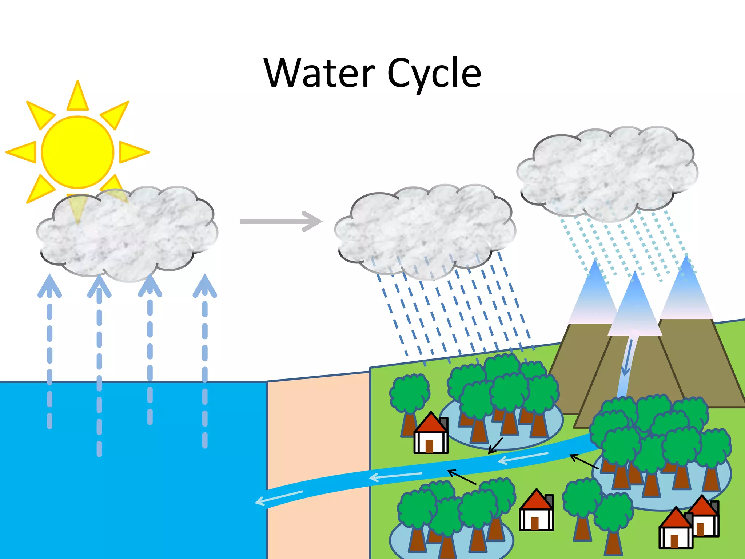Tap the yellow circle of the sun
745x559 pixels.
click(77, 152)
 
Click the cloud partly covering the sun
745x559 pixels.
click(127, 233)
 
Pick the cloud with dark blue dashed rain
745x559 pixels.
click(424, 229)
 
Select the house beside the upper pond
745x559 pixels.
click(431, 434)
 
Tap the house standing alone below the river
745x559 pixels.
click(536, 510)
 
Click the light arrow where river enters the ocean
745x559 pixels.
click(278, 497)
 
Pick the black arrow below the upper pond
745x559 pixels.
click(495, 446)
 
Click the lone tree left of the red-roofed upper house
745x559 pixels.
click(409, 400)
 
